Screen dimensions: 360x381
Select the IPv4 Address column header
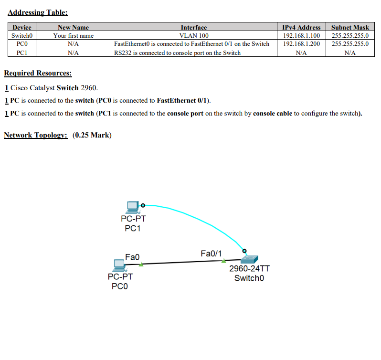click(301, 28)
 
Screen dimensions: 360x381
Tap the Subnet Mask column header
click(350, 28)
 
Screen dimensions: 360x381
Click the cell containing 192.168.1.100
click(301, 36)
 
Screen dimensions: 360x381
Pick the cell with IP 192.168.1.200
click(301, 44)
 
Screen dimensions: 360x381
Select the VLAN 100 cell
click(193, 36)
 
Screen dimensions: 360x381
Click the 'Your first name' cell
click(73, 36)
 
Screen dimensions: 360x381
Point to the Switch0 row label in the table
click(21, 36)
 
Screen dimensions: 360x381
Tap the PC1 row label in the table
click(21, 53)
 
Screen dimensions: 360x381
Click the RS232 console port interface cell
click(177, 53)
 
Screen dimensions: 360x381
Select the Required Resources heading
click(38, 73)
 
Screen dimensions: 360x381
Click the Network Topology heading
click(35, 135)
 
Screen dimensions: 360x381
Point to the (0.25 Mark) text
click(92, 135)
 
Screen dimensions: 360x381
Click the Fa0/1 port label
click(211, 253)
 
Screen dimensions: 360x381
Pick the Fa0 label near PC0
click(132, 257)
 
